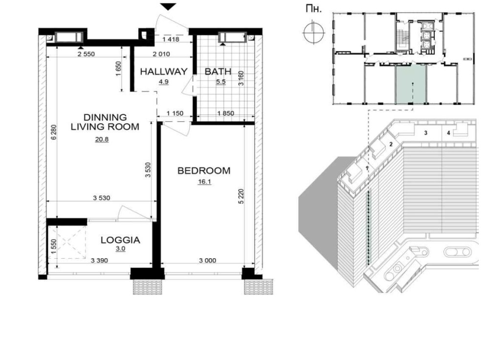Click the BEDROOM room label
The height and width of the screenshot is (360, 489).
tap(203, 171)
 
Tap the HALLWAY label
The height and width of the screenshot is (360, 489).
tap(164, 71)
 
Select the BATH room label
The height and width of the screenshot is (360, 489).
tap(218, 71)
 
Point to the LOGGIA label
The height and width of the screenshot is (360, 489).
tap(120, 240)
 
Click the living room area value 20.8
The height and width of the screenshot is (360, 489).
tap(102, 139)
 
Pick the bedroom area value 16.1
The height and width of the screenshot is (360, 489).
tap(204, 181)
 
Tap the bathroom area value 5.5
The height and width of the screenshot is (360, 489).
tap(221, 82)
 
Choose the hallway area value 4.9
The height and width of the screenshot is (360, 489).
tap(164, 82)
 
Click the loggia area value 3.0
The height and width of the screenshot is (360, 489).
tap(120, 248)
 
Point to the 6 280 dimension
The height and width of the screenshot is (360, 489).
tap(54, 132)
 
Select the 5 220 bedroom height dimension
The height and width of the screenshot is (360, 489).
tap(241, 196)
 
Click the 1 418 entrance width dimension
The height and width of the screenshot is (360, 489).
tap(171, 39)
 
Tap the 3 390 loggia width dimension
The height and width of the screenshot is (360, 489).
tap(99, 261)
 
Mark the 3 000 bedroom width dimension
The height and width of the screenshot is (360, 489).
tap(207, 261)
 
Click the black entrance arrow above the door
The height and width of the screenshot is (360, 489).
tap(168, 6)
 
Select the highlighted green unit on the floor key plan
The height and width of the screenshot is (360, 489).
tap(411, 84)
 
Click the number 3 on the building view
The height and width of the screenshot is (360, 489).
tap(426, 133)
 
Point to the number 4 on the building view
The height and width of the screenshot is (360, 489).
tap(448, 133)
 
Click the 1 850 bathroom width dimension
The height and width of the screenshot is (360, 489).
tap(225, 113)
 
